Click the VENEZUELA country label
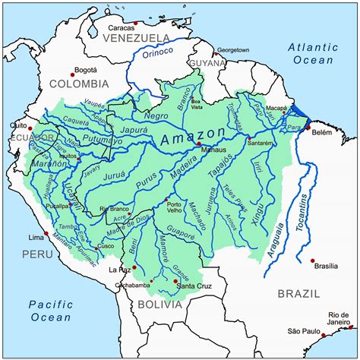coord(135,37)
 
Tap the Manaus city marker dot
coord(199,144)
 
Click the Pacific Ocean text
coord(51,311)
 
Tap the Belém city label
coord(322,131)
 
